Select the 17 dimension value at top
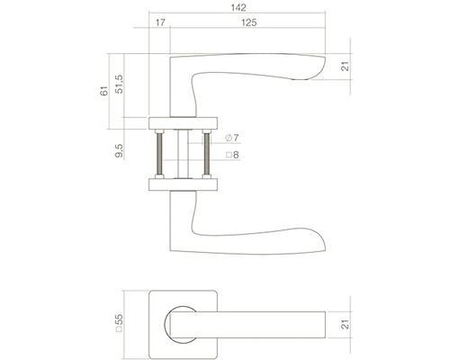pos(159,22)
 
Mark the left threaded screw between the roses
pos(160,152)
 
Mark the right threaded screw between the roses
pos(209,152)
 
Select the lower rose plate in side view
pos(184,184)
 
